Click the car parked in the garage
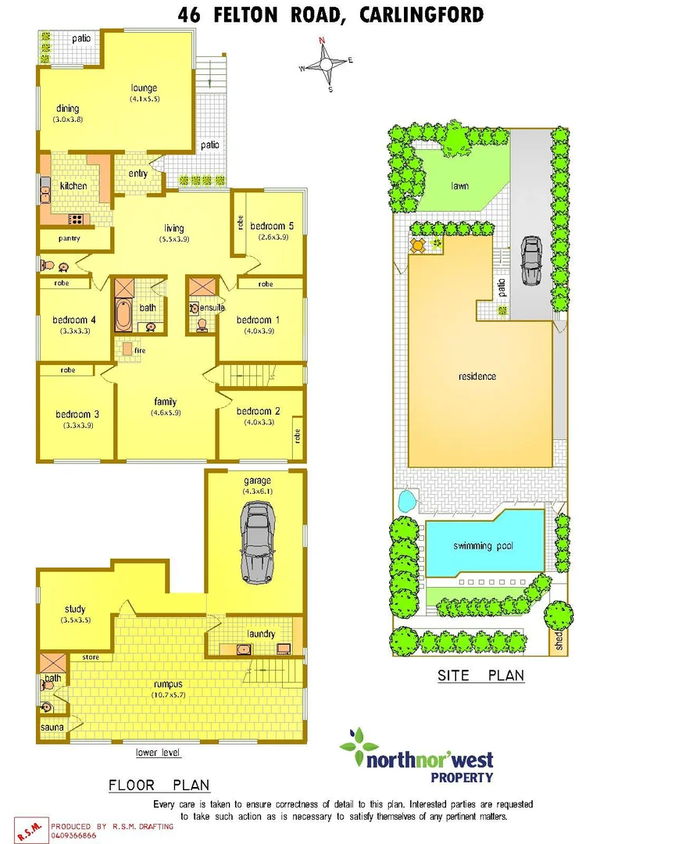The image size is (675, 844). [257, 535]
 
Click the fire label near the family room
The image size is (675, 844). [140, 350]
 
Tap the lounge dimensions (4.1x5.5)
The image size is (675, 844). [145, 98]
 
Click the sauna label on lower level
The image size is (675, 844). [52, 727]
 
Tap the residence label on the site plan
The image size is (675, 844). [477, 377]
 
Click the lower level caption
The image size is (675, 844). [158, 753]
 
